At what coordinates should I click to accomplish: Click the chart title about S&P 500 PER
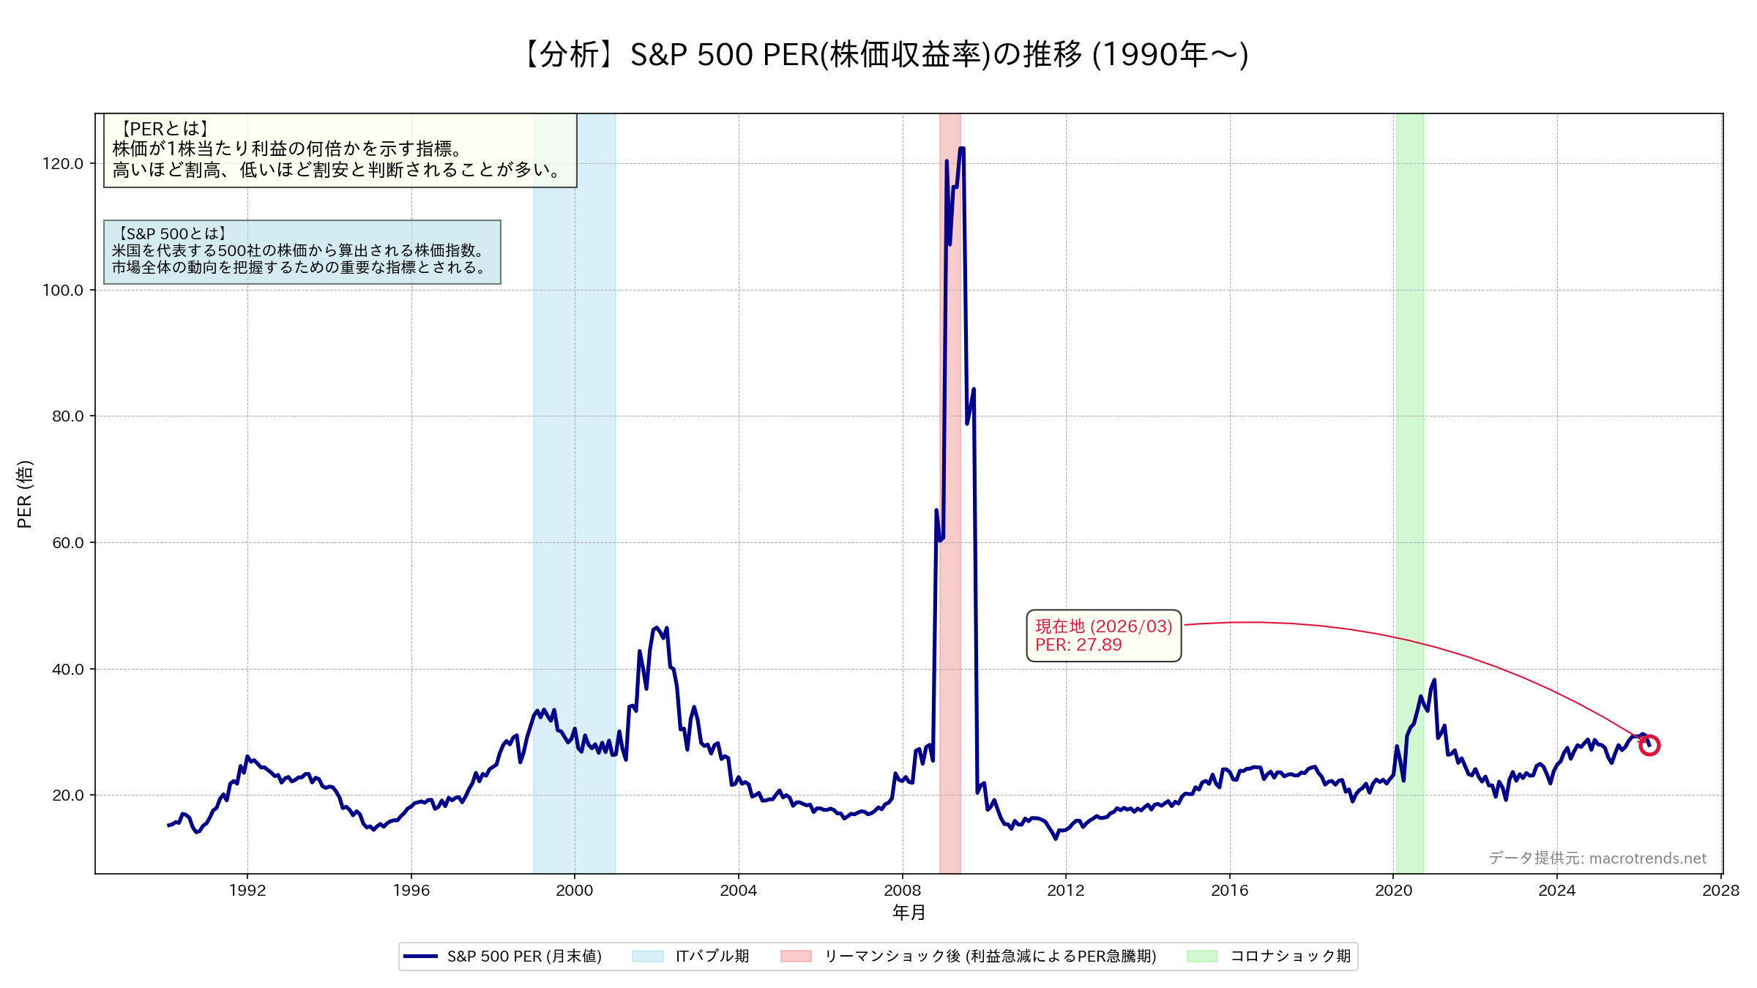tap(884, 55)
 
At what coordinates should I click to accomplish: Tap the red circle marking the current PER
tap(1649, 746)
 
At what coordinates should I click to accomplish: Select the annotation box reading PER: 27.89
tap(1103, 635)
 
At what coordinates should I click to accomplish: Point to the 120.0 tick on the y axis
tap(63, 163)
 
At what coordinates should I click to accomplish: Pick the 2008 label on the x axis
tap(902, 890)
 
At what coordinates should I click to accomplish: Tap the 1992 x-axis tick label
tap(247, 890)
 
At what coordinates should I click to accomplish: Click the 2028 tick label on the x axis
tap(1720, 890)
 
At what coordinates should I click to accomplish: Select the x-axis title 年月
tap(909, 912)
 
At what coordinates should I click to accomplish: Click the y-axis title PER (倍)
tap(24, 494)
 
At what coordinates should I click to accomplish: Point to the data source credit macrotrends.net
tap(1597, 858)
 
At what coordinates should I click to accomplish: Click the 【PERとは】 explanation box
tap(340, 150)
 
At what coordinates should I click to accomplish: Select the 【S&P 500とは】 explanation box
tap(302, 252)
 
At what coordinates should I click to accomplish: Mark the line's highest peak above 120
tap(961, 149)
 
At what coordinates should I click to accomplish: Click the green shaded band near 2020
tap(1409, 439)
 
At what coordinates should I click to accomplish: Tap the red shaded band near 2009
tap(950, 659)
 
